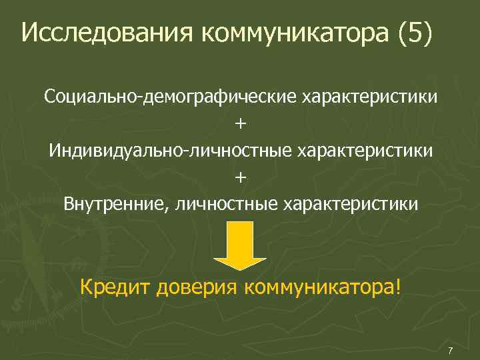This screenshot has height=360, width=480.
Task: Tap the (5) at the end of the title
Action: coord(414,33)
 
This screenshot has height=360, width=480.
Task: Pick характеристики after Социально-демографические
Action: coord(371,97)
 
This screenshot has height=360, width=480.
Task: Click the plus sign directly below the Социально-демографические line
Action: coord(240,123)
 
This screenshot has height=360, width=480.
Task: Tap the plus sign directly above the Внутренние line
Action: coord(240,176)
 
